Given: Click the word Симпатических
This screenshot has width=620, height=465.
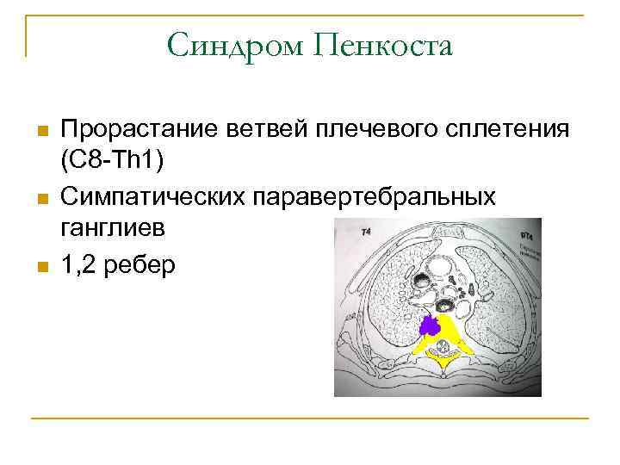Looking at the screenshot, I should point(152,197).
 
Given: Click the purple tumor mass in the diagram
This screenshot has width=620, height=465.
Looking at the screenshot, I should point(430,325).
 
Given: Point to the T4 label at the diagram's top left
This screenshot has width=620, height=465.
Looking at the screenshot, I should point(367,232).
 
